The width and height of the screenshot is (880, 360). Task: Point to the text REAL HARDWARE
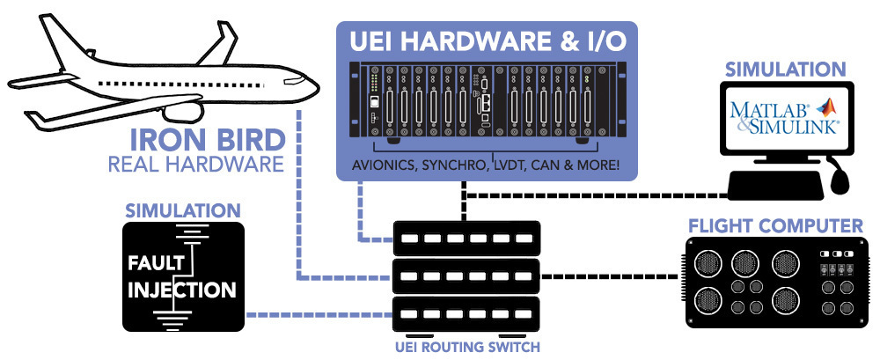[195, 164]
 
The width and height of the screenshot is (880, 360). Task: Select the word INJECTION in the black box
[182, 289]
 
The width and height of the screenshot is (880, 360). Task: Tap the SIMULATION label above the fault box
[183, 211]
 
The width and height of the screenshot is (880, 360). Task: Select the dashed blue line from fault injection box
[317, 314]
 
